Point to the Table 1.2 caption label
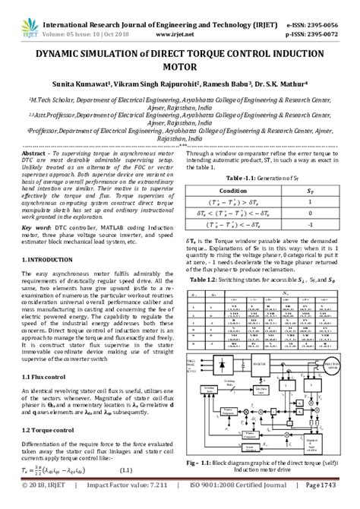coord(210,280)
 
